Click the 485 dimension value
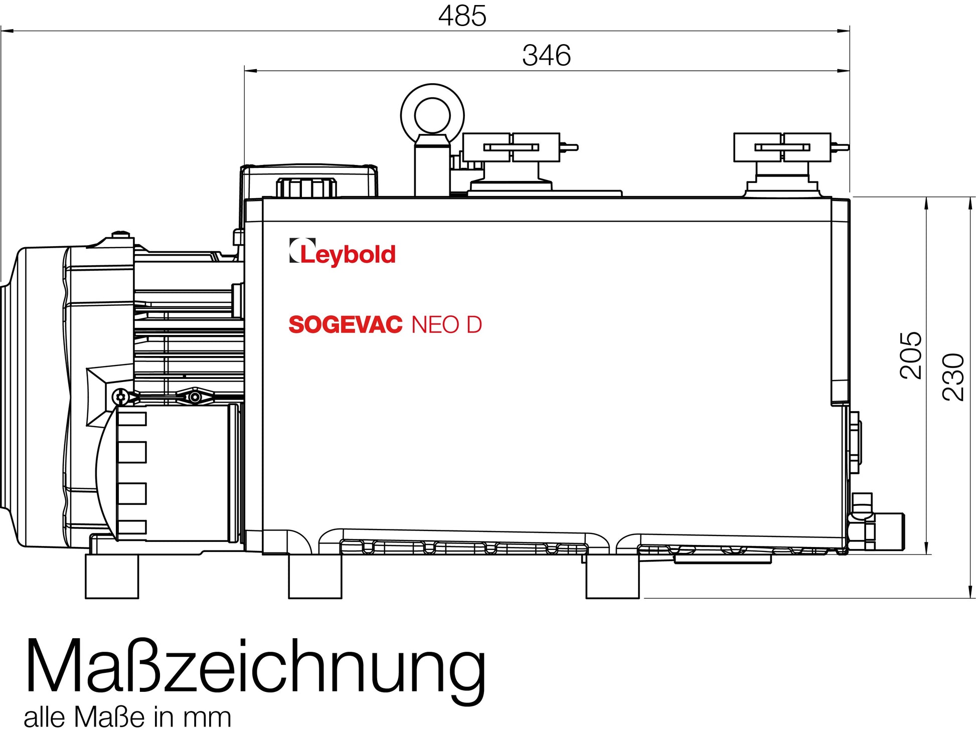coord(462,16)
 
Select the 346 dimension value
coord(546,55)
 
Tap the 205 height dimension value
coord(911,355)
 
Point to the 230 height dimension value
coord(953,377)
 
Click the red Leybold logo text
coord(348,254)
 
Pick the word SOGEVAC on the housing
coord(346,325)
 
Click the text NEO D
coord(446,325)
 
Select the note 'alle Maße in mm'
coord(127,717)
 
